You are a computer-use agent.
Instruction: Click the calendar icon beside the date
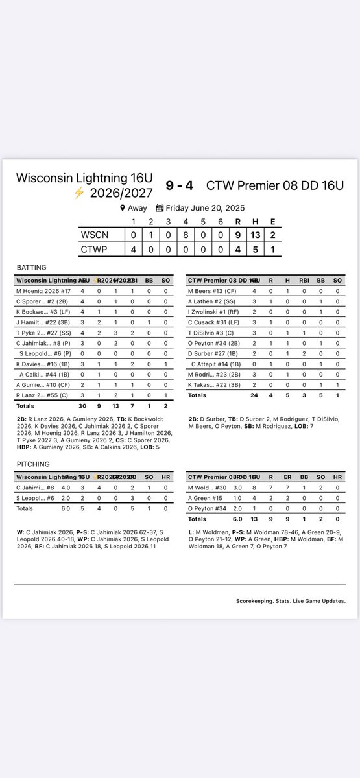point(160,208)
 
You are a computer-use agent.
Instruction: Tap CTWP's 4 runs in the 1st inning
point(133,250)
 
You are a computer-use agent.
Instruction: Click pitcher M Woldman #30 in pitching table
point(208,487)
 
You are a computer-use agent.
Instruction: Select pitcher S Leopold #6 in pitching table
point(36,497)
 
